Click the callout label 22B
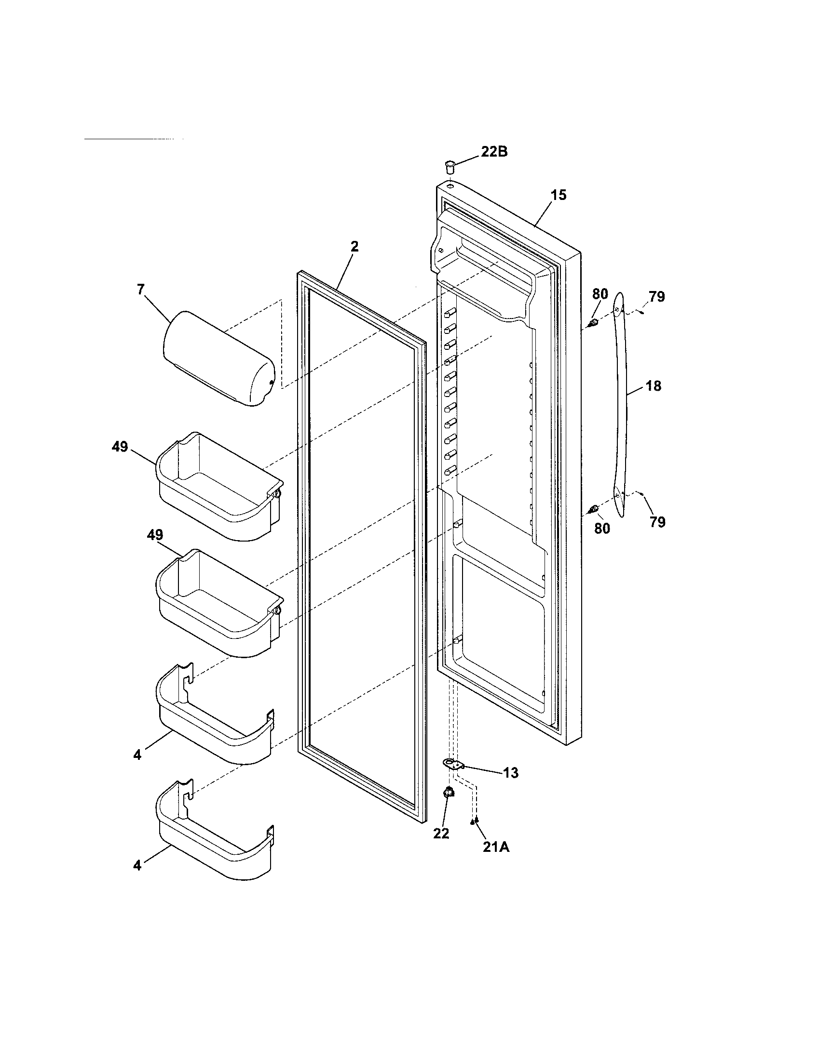(494, 152)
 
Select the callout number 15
(559, 195)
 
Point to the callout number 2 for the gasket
(354, 247)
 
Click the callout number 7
(140, 290)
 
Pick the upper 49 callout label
(120, 447)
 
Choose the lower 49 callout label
(155, 535)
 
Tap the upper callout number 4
(137, 755)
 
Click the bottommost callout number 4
(137, 865)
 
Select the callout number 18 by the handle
(654, 386)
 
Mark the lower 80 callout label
(602, 528)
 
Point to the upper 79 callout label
(657, 296)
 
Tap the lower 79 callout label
(657, 522)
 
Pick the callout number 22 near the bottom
(441, 833)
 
